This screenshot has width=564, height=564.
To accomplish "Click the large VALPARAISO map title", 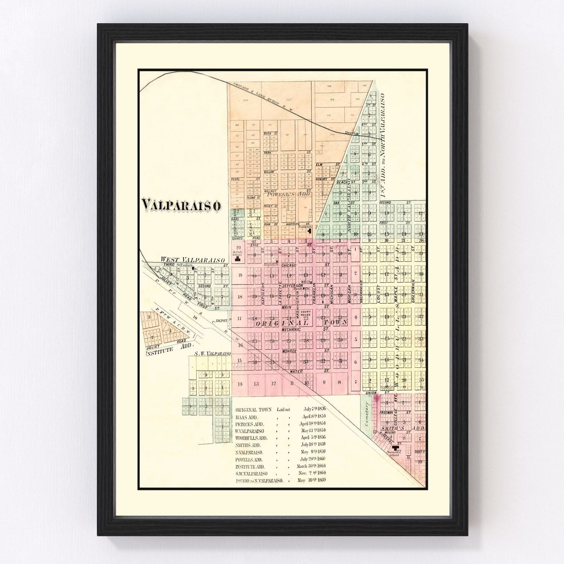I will coord(181,205).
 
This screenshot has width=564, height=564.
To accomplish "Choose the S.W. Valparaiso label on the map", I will coord(212,354).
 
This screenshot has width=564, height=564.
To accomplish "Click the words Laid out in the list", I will coord(284,409).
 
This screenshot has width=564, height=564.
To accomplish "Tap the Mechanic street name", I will coord(291,329).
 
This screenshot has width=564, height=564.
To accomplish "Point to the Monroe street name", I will coord(290,351).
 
